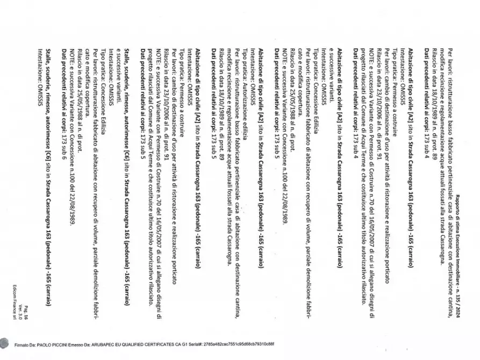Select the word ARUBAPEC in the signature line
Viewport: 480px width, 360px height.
108,343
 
